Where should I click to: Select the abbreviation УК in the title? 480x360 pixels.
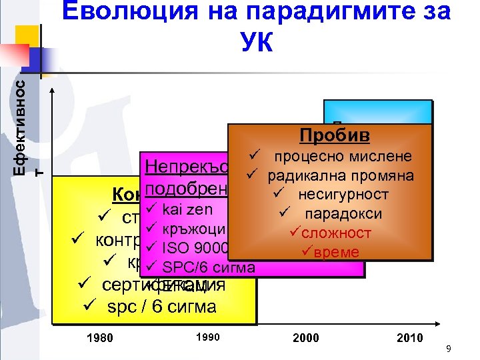(x=257, y=43)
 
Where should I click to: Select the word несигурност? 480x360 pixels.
(x=343, y=195)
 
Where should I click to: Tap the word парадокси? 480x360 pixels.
(x=343, y=214)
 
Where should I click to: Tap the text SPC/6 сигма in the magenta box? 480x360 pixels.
(x=209, y=267)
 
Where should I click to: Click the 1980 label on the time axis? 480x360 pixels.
(x=101, y=337)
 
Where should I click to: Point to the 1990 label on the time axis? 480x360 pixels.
(x=209, y=337)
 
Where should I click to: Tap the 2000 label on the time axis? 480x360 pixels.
(x=306, y=337)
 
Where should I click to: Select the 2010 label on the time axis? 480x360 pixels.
(x=409, y=337)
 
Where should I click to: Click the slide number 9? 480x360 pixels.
(x=449, y=349)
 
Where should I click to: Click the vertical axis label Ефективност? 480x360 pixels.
(x=21, y=127)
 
